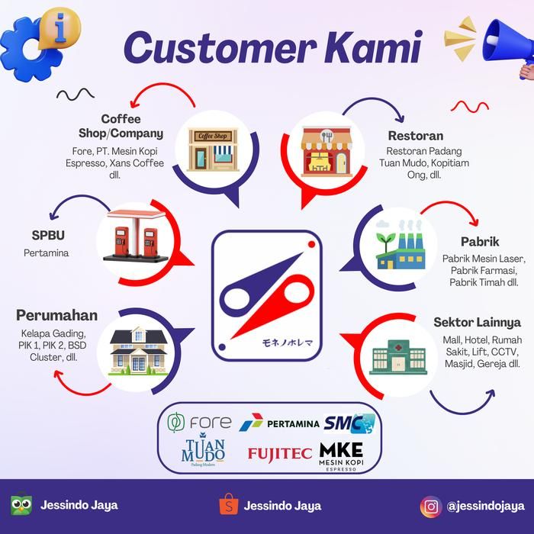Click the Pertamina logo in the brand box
coord(279,423)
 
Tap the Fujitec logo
coord(280,455)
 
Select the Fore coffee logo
coord(199,423)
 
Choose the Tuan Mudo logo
coord(203,449)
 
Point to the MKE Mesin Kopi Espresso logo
coord(341,456)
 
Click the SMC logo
coord(349,423)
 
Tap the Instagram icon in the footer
coord(431,507)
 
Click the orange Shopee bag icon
coord(229,503)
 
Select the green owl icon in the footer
coord(21,504)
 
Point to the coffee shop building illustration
coord(213,150)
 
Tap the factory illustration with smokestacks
coord(400,244)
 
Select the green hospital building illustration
coord(398,358)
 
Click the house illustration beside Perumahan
coord(138,351)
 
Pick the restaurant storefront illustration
coord(327,152)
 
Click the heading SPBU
coord(48,235)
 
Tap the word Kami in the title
coord(373,47)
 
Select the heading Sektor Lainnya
coord(477,322)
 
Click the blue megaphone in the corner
coord(508,44)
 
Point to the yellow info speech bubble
coord(60,28)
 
